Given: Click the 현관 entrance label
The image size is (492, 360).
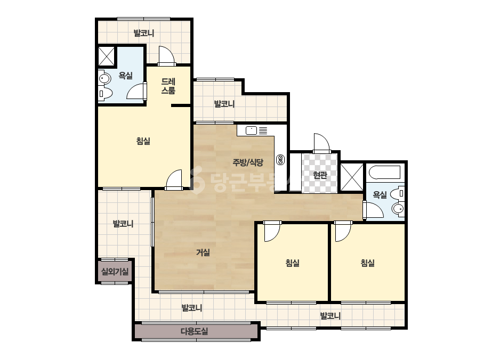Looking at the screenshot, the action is tap(320, 175).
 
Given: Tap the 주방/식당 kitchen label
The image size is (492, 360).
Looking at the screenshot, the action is tap(248, 162).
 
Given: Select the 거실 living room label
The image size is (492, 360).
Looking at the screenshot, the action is tap(203, 252).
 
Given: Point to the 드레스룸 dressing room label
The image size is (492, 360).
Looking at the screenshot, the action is tap(168, 86).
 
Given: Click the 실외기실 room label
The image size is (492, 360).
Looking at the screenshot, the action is tap(115, 271).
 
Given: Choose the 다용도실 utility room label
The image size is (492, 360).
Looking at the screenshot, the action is tap(195, 331).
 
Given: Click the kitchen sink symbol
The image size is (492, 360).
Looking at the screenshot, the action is tap(252, 130).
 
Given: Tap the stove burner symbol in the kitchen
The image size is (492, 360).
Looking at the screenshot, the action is tap(280, 160).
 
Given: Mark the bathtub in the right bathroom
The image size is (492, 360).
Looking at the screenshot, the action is tap(385, 173).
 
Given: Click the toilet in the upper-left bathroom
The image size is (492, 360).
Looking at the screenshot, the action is tap(106, 93).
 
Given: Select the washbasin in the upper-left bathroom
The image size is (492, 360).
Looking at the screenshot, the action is tap(104, 78).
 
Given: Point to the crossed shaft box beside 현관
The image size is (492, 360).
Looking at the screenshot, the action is tap(352, 177).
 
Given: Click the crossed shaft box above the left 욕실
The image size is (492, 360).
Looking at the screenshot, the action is tap(106, 56).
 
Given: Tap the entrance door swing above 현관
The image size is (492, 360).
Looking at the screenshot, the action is tap(322, 143).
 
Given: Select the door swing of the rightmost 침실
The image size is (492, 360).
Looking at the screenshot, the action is tap(342, 232).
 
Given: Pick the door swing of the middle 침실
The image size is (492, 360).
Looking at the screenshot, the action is tap(272, 232).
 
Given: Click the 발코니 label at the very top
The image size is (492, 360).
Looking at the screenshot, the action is tap(144, 33).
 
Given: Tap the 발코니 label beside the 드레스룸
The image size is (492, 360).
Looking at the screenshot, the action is tap(224, 104).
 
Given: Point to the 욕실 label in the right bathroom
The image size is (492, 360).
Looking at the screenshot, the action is tap(380, 195).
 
